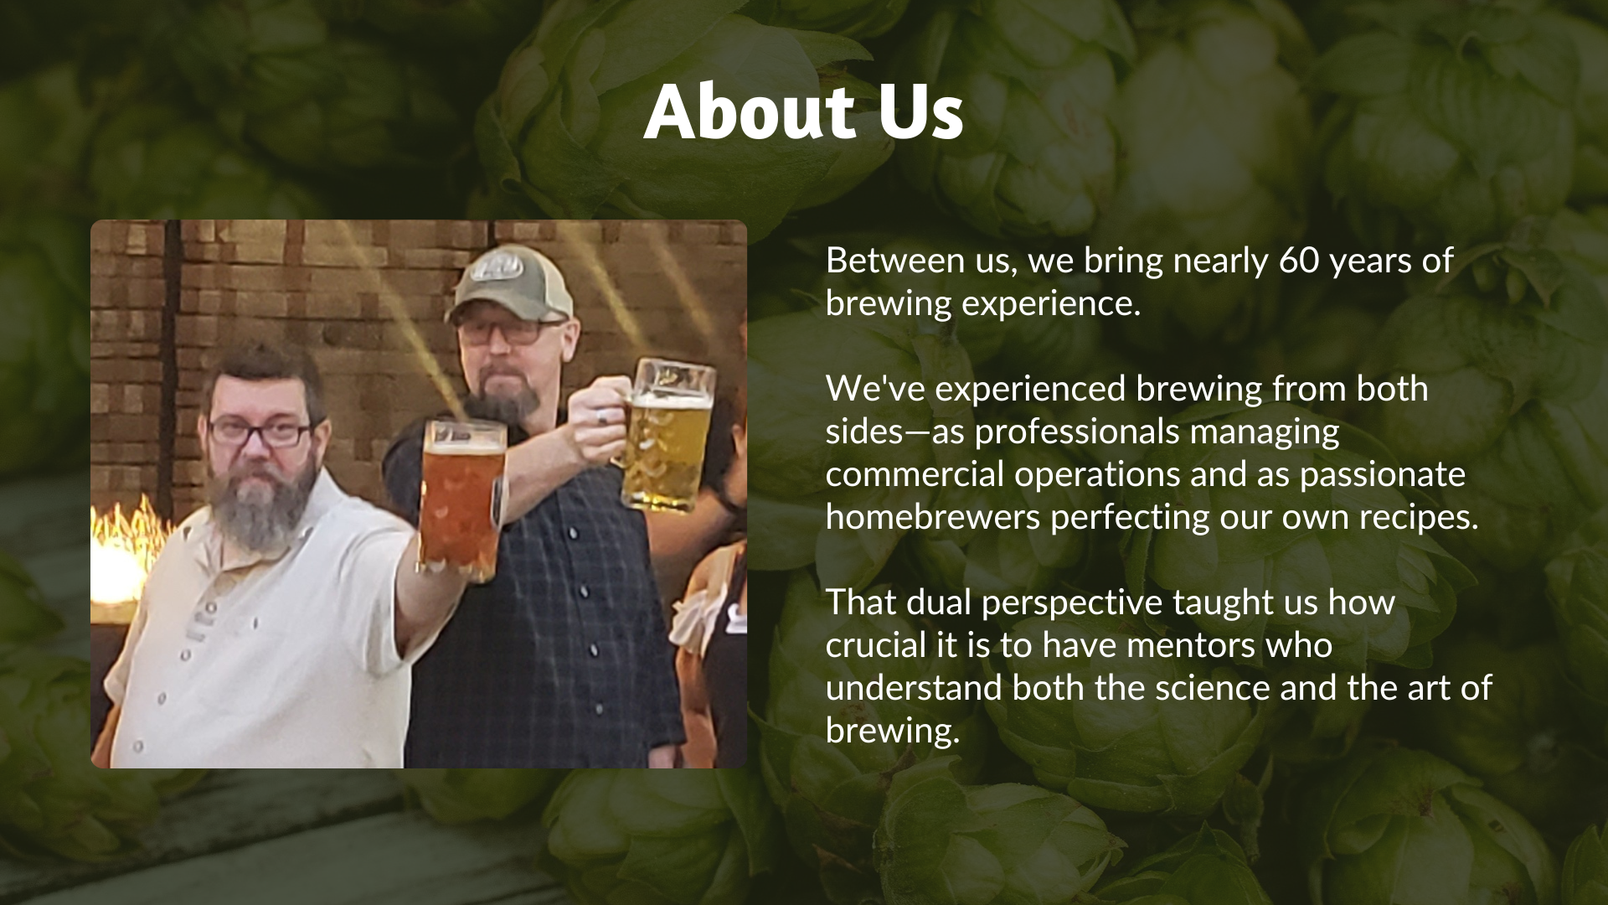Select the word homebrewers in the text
click(x=933, y=517)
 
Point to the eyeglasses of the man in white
click(x=260, y=432)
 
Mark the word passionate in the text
click(x=1383, y=476)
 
